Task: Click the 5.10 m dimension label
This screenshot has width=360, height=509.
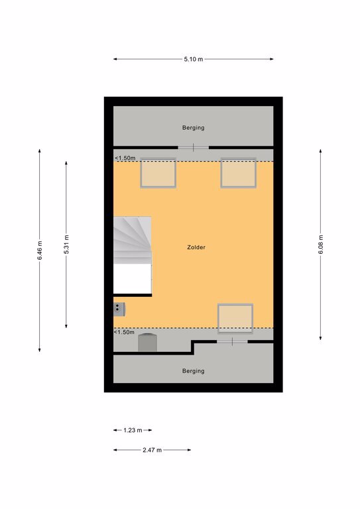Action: point(193,59)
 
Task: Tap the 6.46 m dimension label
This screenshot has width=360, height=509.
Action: point(40,251)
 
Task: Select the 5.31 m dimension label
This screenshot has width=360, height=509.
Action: point(66,244)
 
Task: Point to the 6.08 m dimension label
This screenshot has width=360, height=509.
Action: point(320,244)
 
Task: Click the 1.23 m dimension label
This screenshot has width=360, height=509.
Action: point(133,430)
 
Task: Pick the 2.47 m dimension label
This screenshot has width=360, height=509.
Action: point(152,450)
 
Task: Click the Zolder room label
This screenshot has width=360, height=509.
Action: point(196,247)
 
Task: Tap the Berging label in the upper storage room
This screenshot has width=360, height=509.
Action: point(193,127)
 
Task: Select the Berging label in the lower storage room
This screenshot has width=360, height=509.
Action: point(193,370)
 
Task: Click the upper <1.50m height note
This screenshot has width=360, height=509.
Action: point(125,158)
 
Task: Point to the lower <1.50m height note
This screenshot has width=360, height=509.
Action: point(124,332)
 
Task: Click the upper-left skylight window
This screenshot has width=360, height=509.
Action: point(158,173)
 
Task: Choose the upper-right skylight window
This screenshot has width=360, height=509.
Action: point(238,173)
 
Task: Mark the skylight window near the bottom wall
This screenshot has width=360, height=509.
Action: point(235,318)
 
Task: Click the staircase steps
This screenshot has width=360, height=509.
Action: point(132,240)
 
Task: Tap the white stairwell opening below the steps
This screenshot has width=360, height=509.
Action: point(132,279)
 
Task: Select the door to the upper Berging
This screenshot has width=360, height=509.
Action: point(193,147)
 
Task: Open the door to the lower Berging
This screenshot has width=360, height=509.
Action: point(232,341)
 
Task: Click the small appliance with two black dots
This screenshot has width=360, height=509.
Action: point(119,310)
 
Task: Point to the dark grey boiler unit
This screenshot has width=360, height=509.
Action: point(147,343)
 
